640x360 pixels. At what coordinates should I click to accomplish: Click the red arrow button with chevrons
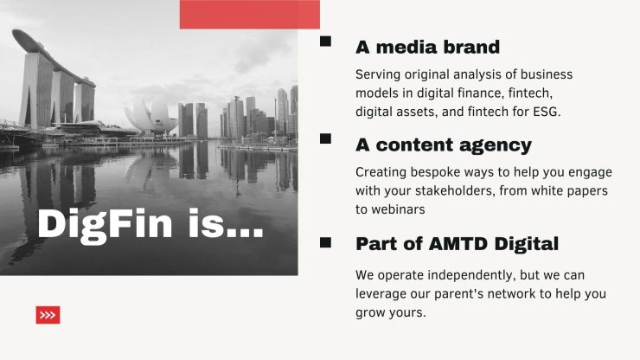(x=48, y=315)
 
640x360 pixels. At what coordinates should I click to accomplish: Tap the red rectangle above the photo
(x=249, y=15)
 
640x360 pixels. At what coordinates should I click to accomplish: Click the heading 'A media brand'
(x=427, y=47)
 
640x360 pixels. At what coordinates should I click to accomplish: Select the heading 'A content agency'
(x=444, y=145)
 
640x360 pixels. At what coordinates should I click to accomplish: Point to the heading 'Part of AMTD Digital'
(x=457, y=244)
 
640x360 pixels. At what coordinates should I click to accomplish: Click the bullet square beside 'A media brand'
(x=325, y=42)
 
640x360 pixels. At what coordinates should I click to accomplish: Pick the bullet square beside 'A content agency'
(x=325, y=138)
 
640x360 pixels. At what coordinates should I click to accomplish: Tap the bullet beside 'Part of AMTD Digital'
(x=325, y=242)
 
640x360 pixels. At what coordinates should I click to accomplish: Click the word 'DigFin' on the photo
(x=105, y=224)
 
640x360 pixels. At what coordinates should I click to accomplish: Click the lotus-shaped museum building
(x=151, y=118)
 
